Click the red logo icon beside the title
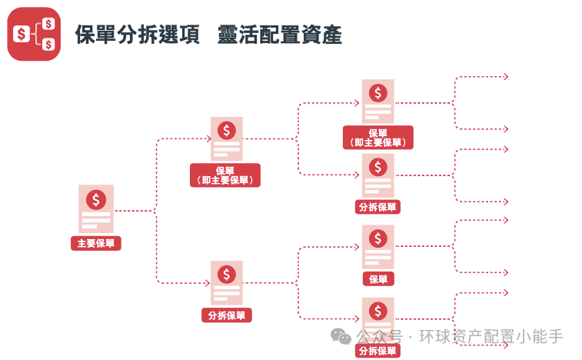pyautogui.click(x=33, y=34)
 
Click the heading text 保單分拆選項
pyautogui.click(x=138, y=35)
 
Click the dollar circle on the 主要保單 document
pyautogui.click(x=96, y=200)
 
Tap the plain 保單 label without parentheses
pyautogui.click(x=377, y=279)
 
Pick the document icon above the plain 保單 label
pyautogui.click(x=377, y=247)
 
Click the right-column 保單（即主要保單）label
pyautogui.click(x=377, y=137)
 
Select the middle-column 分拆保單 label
pyautogui.click(x=226, y=315)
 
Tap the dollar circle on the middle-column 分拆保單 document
pyautogui.click(x=226, y=274)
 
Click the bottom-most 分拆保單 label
pyautogui.click(x=377, y=351)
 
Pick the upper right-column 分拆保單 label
pyautogui.click(x=377, y=207)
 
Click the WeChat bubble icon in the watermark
pyautogui.click(x=340, y=336)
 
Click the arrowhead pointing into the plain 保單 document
pyautogui.click(x=358, y=247)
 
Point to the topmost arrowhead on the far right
pyautogui.click(x=506, y=76)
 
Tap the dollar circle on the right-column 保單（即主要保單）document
pyautogui.click(x=377, y=93)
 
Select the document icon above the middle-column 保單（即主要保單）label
pyautogui.click(x=226, y=139)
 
